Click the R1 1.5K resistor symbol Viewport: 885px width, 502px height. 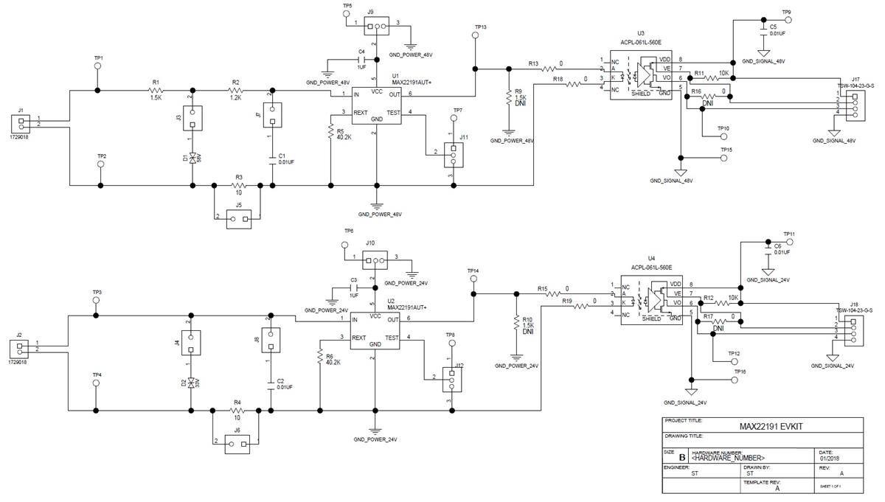pyautogui.click(x=156, y=91)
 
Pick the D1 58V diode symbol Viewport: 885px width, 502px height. pyautogui.click(x=192, y=158)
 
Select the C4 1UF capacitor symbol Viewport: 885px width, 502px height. pyautogui.click(x=361, y=60)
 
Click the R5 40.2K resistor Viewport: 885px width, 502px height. pyautogui.click(x=330, y=131)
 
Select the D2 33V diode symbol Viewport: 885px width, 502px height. pyautogui.click(x=192, y=383)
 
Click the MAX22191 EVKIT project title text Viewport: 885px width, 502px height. pyautogui.click(x=763, y=426)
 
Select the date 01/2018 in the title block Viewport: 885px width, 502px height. pyautogui.click(x=829, y=459)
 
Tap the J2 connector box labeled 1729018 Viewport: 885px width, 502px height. pyautogui.click(x=20, y=346)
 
